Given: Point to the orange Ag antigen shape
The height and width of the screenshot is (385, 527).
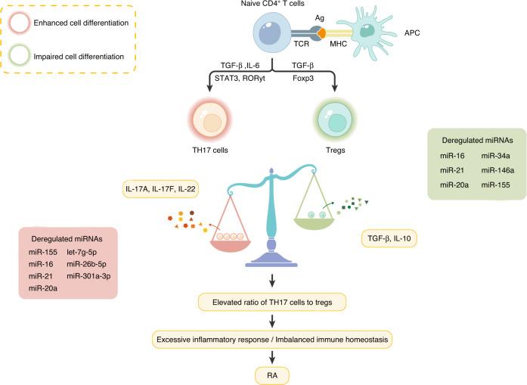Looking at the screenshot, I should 321,33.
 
